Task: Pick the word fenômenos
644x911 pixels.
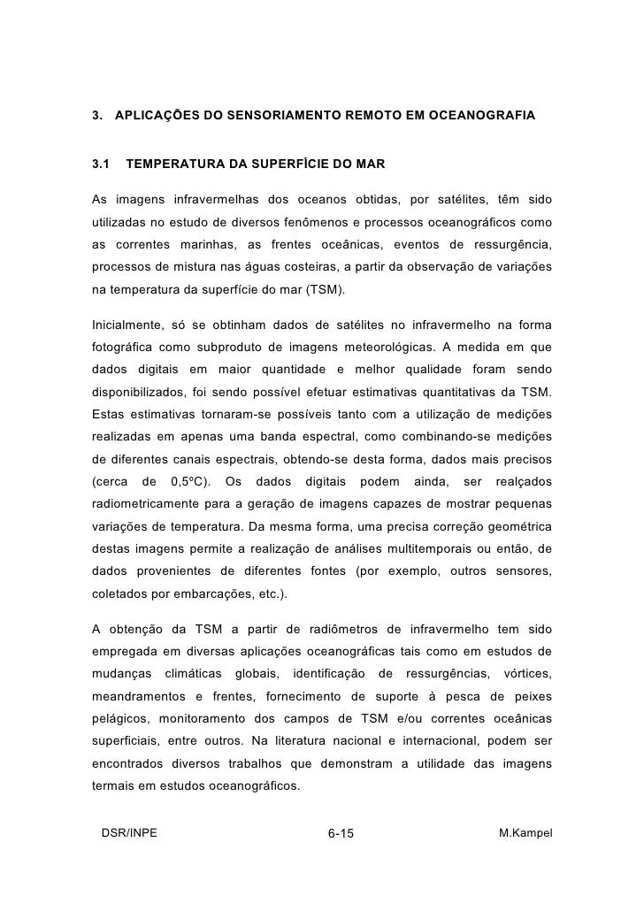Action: [332, 218]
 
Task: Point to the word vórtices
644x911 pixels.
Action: [528, 677]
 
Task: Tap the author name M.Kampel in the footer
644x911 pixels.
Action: [526, 832]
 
